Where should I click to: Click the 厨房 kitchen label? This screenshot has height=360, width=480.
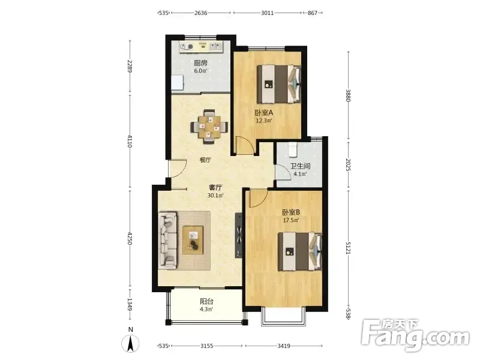tap(200, 63)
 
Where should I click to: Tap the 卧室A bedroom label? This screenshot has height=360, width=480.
tap(263, 113)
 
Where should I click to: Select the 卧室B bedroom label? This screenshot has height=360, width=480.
tap(291, 212)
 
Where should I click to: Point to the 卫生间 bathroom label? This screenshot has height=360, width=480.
tap(301, 166)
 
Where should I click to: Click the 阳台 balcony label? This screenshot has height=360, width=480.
tap(206, 302)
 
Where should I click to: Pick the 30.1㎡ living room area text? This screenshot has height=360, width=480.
tap(215, 196)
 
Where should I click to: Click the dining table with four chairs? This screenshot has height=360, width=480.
tap(209, 127)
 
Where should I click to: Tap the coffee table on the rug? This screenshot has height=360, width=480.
tap(193, 240)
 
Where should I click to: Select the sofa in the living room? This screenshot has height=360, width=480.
tap(168, 241)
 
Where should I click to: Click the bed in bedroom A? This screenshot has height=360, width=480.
tap(279, 84)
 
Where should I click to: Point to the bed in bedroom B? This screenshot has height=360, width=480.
tap(299, 251)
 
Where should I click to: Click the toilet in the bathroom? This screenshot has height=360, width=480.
tap(293, 149)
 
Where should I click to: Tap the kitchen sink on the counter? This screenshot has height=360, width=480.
tap(215, 47)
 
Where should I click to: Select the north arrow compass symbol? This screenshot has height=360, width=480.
tap(130, 343)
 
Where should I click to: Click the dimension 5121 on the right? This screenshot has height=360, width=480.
tap(348, 248)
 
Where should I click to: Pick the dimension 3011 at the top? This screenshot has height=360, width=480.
tap(267, 13)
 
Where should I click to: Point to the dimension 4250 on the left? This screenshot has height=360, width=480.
tap(130, 238)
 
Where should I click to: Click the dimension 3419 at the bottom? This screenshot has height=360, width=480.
tap(284, 346)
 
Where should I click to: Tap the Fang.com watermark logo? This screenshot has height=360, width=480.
tap(415, 335)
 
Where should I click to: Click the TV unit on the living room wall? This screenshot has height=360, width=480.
tap(239, 235)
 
